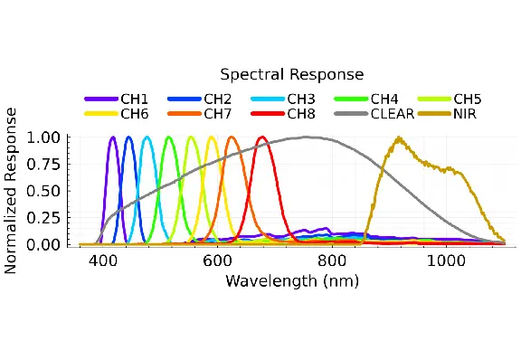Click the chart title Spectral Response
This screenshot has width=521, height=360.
(x=292, y=74)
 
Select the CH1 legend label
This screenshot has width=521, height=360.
(x=134, y=99)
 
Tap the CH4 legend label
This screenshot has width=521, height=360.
(x=384, y=99)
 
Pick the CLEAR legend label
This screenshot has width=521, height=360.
(x=393, y=114)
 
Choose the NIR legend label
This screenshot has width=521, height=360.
(x=465, y=114)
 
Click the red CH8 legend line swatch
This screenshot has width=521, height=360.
(x=268, y=114)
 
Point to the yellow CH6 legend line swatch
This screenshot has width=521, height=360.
(x=101, y=114)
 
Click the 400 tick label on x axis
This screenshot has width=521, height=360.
(x=103, y=261)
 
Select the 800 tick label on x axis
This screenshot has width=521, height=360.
(x=332, y=261)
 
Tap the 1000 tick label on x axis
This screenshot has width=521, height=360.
(x=446, y=261)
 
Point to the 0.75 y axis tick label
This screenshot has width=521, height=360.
(x=43, y=165)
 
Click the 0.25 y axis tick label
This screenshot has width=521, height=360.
(x=43, y=218)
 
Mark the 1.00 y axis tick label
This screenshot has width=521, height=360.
(x=43, y=137)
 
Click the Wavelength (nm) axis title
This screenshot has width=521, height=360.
(x=292, y=281)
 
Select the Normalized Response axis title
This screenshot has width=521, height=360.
(x=10, y=191)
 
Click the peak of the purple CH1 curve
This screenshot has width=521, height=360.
(x=113, y=137)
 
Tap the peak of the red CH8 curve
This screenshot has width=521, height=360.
(x=262, y=137)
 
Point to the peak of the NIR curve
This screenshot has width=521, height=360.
(x=399, y=137)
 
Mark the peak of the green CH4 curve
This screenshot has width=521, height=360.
(x=169, y=137)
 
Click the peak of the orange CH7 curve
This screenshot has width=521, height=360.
(x=232, y=137)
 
